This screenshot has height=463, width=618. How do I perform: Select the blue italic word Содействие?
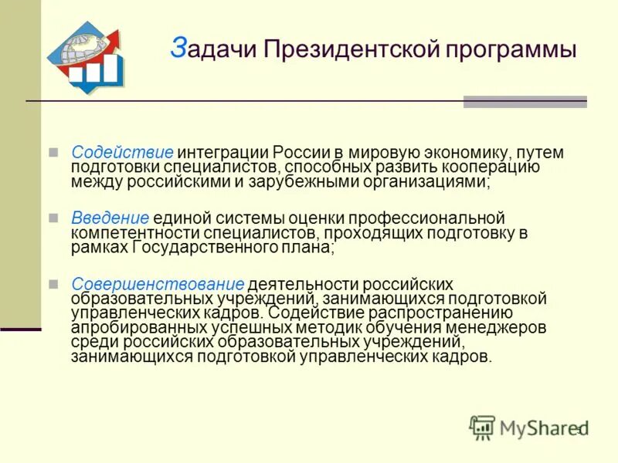point(121,153)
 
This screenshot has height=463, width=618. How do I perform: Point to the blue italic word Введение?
point(110,218)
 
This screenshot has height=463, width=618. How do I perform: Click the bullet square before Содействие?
point(53,152)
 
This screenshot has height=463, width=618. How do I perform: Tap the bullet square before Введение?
point(53,218)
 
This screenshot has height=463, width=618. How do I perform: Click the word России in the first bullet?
point(301,153)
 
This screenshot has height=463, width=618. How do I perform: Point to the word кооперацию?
point(495,167)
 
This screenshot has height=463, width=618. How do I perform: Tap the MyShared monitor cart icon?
point(482,427)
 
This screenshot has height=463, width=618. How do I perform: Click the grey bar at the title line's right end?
point(525,102)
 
